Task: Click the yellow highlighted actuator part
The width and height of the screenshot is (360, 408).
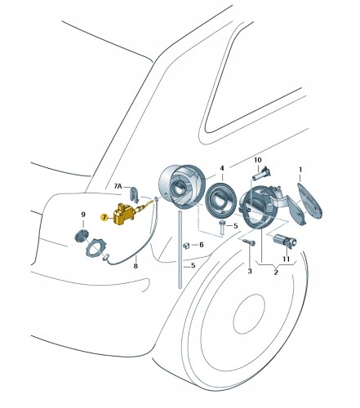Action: tap(124, 214)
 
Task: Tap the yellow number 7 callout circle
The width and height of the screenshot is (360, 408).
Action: tap(104, 217)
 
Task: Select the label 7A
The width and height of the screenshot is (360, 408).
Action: tap(118, 186)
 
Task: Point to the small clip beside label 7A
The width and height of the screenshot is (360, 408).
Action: tap(133, 193)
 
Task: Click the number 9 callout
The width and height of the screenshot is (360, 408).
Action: tap(83, 215)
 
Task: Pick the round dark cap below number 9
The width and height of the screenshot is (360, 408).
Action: tap(81, 236)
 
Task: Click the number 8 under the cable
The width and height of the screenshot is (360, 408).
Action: tap(136, 266)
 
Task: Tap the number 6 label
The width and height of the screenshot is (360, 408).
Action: tap(202, 245)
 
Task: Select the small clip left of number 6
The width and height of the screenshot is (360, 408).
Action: tap(186, 246)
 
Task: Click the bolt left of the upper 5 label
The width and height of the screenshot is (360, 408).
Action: tap(223, 228)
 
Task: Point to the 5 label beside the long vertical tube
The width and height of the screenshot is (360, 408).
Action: tap(193, 265)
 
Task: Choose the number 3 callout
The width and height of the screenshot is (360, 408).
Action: tap(250, 271)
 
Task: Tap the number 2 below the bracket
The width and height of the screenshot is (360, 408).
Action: tap(276, 273)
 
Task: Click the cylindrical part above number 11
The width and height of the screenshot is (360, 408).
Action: tap(285, 241)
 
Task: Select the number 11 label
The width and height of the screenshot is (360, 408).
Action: tap(286, 259)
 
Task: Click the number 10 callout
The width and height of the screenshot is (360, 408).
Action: tap(257, 160)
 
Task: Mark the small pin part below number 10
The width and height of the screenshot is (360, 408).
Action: tap(261, 175)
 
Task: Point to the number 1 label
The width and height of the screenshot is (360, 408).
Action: tap(300, 170)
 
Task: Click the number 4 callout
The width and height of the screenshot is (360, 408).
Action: tap(222, 168)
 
